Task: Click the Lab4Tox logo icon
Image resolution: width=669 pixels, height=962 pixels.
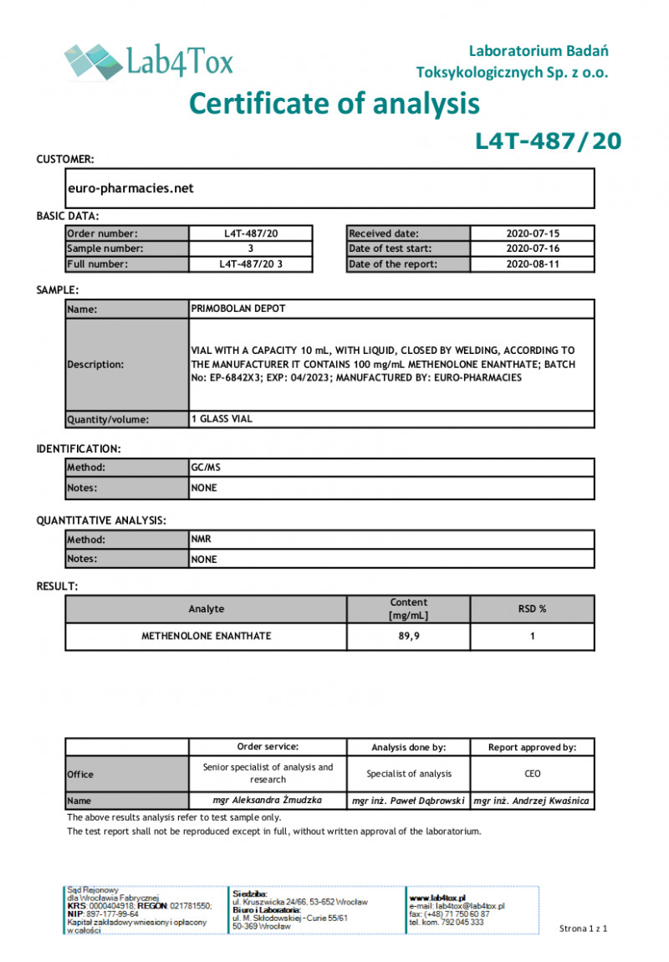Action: tap(93, 61)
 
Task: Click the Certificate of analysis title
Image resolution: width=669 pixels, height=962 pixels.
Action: tap(334, 104)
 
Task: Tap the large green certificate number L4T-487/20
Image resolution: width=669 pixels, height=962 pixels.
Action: tap(548, 141)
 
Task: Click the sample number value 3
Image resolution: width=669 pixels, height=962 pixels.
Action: tap(250, 248)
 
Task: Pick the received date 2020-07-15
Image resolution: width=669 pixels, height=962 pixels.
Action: tap(532, 233)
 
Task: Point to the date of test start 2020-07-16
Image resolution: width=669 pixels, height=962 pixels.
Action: tap(532, 248)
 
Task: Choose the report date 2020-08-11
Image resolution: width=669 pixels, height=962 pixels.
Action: tap(532, 264)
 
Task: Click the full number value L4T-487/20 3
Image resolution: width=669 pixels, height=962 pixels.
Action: tap(250, 264)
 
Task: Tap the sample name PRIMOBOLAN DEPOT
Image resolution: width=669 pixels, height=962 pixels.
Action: tap(238, 309)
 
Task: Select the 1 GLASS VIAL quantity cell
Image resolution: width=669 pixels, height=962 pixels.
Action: tap(222, 419)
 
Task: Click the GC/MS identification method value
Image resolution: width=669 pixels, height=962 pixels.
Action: tap(204, 468)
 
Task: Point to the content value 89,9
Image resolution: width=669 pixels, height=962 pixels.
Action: tap(408, 636)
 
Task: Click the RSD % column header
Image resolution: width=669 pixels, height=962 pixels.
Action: tap(532, 609)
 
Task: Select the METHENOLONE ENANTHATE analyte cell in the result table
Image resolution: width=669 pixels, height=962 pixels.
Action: tap(206, 636)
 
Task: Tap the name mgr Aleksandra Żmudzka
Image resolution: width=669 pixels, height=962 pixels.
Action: tap(267, 801)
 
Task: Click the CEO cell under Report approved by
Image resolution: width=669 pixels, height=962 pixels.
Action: tap(532, 774)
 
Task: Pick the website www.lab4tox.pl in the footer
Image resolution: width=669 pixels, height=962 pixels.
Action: tap(437, 897)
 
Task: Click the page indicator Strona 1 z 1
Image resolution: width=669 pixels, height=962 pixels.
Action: tap(583, 929)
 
